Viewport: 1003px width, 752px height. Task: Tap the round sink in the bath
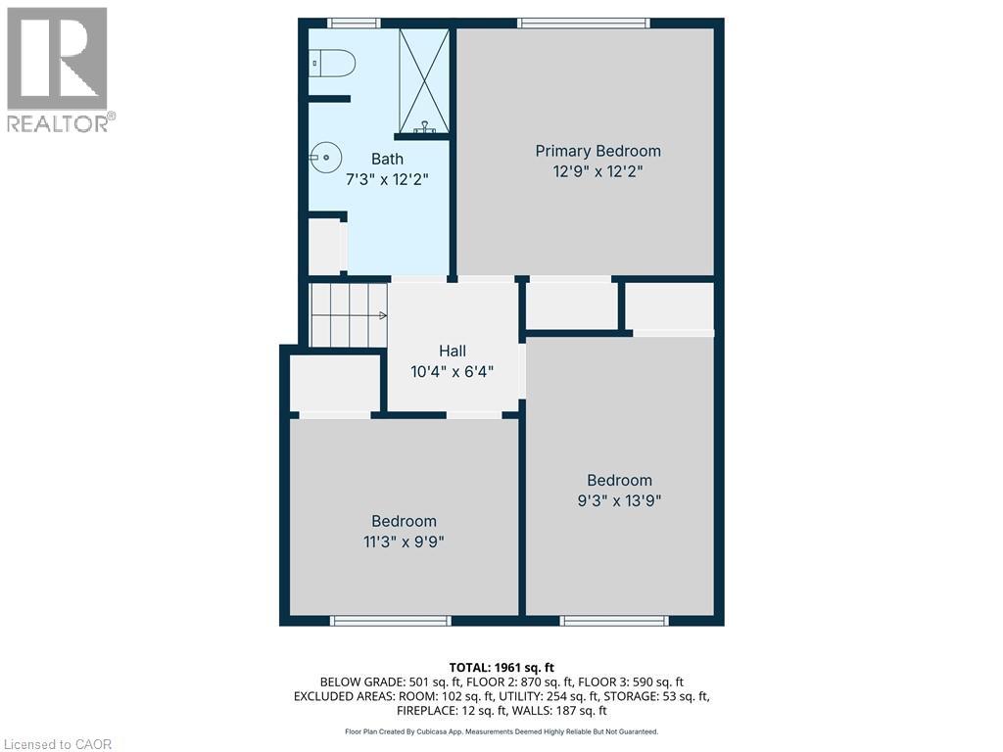coord(325,155)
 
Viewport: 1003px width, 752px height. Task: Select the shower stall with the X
coord(423,80)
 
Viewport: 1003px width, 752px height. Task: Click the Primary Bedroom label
coord(597,151)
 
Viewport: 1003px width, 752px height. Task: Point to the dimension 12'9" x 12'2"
coord(597,170)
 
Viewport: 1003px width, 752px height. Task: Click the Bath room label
coord(387,159)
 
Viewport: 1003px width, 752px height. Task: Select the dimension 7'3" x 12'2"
coord(387,179)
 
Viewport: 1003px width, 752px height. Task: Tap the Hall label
coord(452,351)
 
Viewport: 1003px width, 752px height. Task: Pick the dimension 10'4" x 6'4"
coord(452,371)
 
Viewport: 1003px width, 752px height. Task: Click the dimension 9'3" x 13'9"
coord(619,500)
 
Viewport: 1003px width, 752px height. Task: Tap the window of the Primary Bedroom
coord(583,23)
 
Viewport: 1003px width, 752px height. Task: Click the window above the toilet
coord(354,23)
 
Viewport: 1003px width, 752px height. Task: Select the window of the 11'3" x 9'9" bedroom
coord(390,620)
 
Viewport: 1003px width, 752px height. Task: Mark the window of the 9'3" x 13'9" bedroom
coord(614,620)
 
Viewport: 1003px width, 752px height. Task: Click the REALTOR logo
coord(58,70)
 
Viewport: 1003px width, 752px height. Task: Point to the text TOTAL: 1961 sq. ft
coord(501,668)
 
